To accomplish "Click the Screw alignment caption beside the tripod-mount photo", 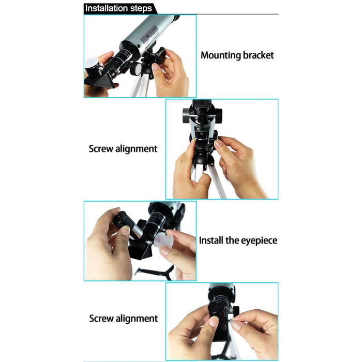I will [123, 148].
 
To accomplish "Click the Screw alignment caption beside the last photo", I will [123, 318].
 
